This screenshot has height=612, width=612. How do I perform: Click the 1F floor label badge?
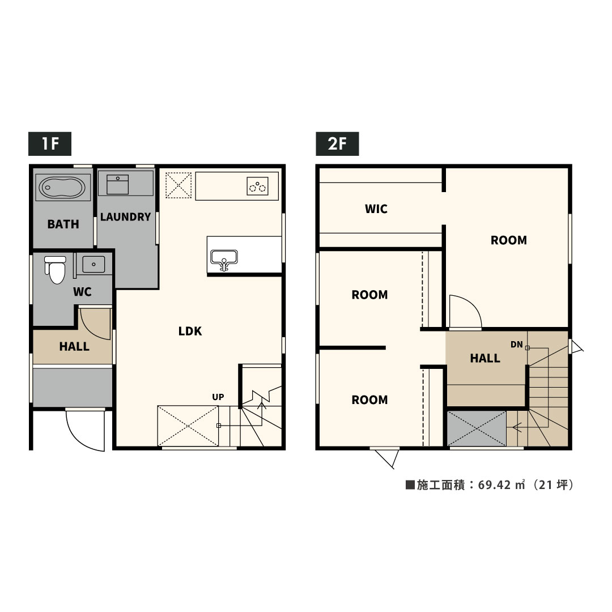coord(49,143)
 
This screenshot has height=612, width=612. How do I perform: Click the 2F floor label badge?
coord(337,143)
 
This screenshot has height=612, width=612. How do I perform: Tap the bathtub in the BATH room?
coord(63,188)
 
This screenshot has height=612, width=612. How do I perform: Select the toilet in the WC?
coord(56,269)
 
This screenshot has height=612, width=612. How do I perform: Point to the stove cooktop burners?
coord(258,186)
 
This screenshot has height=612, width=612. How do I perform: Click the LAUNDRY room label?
coord(125,216)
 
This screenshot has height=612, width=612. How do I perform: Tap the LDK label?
coord(190,331)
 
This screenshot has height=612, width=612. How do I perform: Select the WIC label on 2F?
coord(376,209)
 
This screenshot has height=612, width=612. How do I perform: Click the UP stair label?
coord(218,397)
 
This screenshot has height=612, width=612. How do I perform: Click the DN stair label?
coord(516,345)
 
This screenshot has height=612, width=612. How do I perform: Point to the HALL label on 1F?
coord(74,346)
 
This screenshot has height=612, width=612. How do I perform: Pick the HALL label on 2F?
coord(485,358)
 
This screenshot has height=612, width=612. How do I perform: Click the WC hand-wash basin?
coord(93,264)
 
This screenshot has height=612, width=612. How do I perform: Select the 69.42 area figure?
coord(495,484)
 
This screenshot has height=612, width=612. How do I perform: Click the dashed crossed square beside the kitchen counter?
coord(178,185)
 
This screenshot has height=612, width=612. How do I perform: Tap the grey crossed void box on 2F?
coord(477,428)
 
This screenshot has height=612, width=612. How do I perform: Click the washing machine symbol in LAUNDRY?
coord(117,184)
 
